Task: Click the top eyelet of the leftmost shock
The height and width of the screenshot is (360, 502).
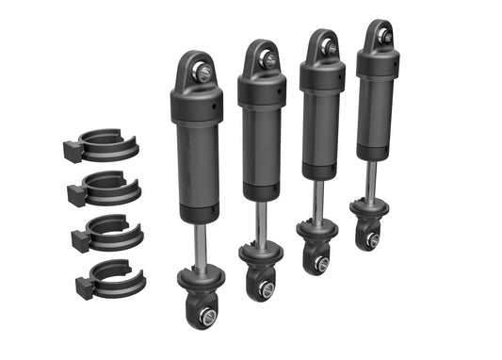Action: (198, 67)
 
